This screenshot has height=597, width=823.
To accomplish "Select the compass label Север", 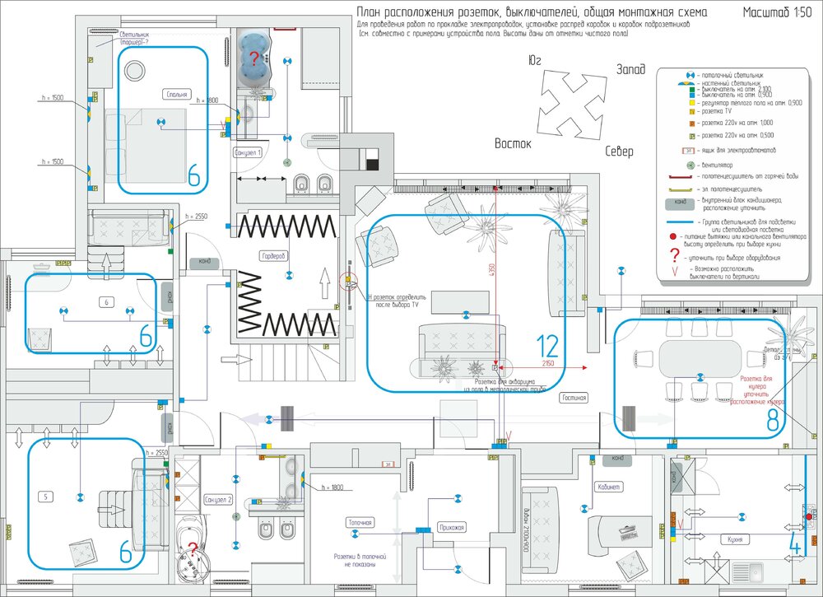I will point(619,152).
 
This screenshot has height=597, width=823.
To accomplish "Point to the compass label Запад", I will point(630,69).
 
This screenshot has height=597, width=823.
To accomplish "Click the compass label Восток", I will point(513,143).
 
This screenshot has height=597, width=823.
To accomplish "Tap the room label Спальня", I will point(176,94).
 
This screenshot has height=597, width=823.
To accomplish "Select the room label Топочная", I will point(360,522).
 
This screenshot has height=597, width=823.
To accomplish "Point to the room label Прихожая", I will point(452,527).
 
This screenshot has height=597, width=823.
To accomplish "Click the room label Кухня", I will point(735,539).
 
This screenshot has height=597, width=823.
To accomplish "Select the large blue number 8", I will point(772,420).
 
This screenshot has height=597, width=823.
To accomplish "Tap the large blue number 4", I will point(795,544).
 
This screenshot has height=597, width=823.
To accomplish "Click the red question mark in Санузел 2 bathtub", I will point(193,550).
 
